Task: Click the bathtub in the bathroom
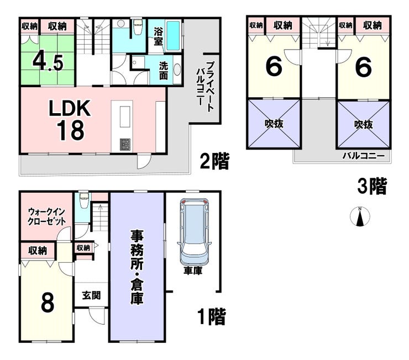pos(174,35)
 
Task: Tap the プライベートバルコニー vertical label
pos(204,86)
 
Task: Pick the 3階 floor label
pos(371,187)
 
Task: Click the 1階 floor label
pos(211,317)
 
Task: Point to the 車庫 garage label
pos(193,272)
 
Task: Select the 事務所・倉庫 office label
pos(137,267)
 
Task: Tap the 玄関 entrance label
pos(92,295)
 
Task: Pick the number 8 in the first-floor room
pos(48,303)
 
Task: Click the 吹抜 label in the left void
pos(274,124)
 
